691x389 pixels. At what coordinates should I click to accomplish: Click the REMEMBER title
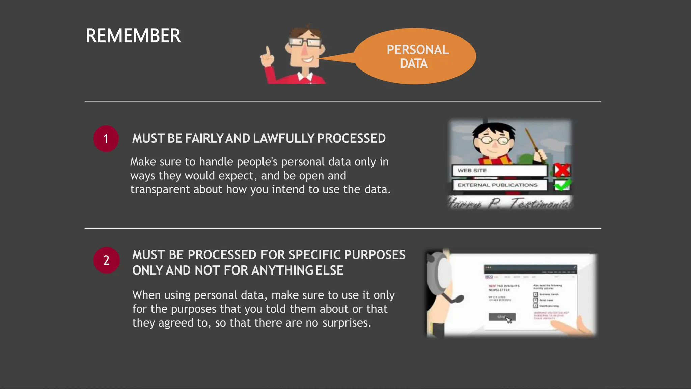(x=133, y=36)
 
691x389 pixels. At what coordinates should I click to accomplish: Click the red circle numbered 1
(x=106, y=139)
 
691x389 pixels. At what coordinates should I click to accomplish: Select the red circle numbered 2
(x=106, y=260)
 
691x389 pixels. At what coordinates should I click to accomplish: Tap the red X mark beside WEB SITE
(x=562, y=170)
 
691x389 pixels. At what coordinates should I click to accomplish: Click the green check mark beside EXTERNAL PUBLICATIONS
(x=562, y=185)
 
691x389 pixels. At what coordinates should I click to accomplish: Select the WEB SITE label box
(x=499, y=171)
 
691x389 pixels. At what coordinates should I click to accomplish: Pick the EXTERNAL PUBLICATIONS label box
(x=499, y=185)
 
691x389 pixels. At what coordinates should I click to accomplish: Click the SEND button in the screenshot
(x=502, y=317)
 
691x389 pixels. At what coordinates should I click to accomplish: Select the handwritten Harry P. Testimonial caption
(x=510, y=203)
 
